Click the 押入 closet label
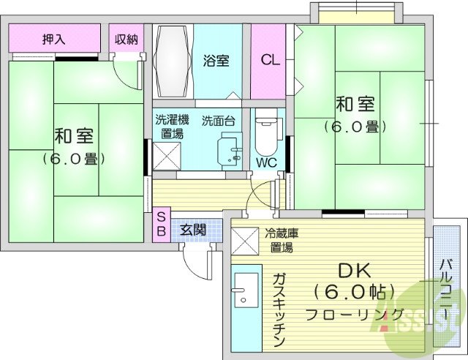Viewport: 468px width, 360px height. coord(53,40)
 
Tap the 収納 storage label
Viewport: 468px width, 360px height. coord(126,40)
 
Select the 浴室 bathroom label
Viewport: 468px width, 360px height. coord(216,61)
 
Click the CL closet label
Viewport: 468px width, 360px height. coord(270,61)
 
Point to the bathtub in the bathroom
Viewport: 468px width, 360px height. coord(172,61)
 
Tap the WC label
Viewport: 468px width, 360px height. coord(265,163)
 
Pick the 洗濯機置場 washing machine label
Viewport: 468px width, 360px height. coord(172,126)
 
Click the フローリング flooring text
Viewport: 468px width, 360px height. coord(354,315)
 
